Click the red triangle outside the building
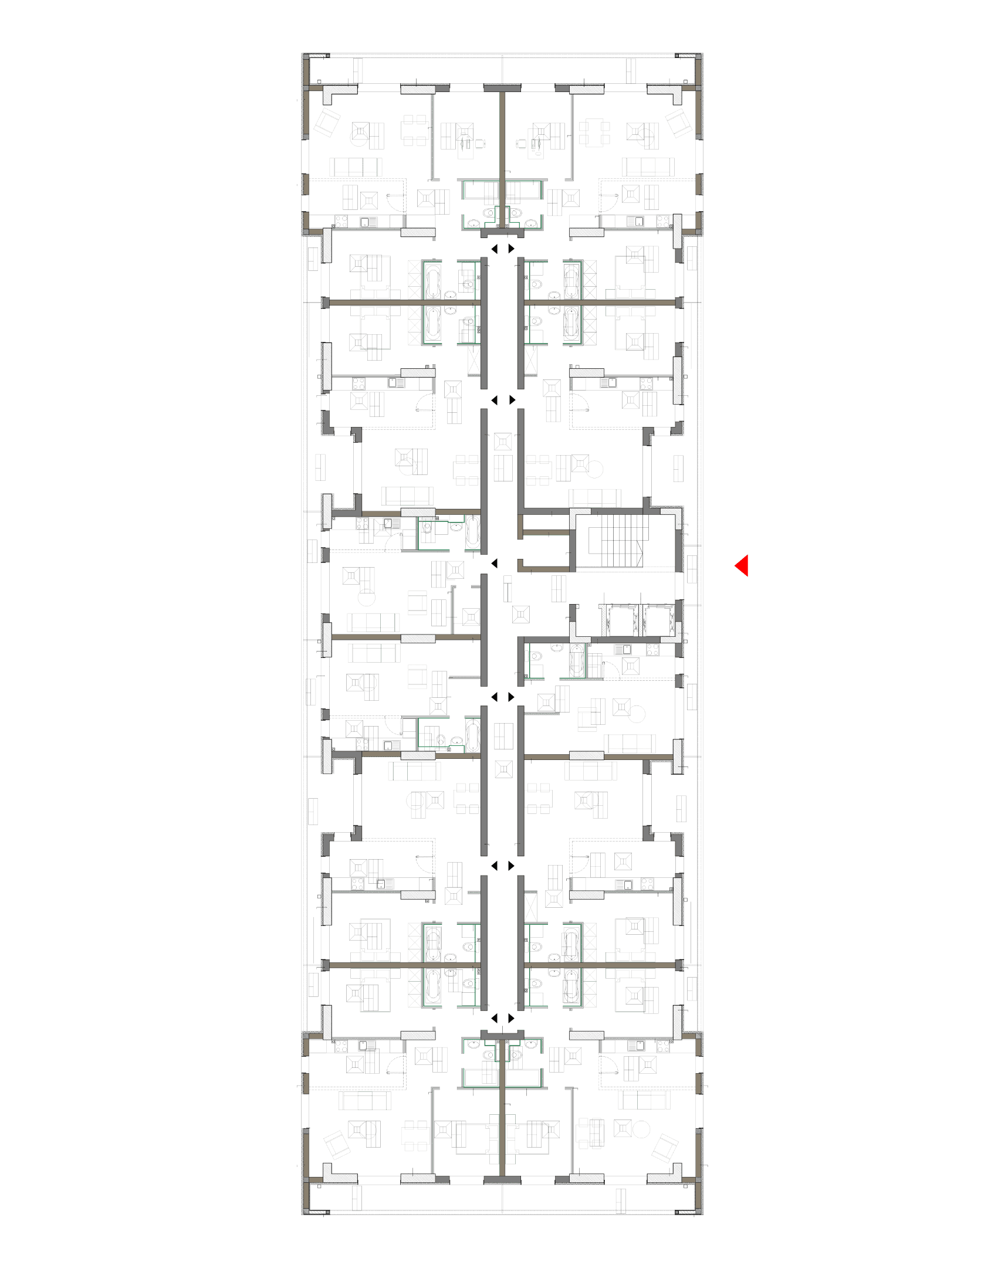click(x=742, y=566)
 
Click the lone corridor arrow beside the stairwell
click(x=494, y=563)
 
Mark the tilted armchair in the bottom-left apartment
click(x=338, y=1145)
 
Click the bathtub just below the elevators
click(x=577, y=660)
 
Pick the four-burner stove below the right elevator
click(x=652, y=650)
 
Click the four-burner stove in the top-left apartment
click(x=341, y=222)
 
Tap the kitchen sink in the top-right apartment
click(x=635, y=222)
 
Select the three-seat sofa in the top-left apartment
click(x=356, y=167)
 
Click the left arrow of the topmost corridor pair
click(x=494, y=249)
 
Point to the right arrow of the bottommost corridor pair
click(x=511, y=1018)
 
